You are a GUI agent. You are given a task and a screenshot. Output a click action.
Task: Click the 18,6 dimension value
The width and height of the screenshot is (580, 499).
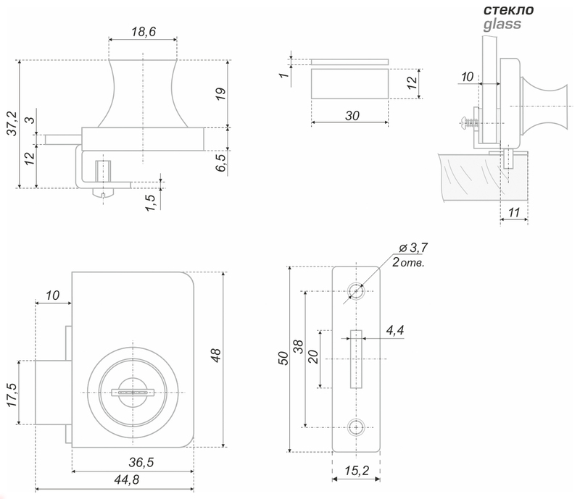144,32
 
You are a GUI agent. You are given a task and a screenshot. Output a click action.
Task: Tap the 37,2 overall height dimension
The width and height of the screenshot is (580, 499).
12,124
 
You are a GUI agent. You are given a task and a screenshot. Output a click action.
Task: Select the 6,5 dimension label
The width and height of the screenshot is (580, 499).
220,163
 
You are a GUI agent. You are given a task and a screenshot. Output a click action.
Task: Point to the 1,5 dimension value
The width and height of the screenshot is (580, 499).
151,203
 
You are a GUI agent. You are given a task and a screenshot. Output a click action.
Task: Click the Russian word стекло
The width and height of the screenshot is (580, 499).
509,10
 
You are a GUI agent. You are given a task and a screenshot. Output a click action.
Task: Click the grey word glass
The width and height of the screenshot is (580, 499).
502,25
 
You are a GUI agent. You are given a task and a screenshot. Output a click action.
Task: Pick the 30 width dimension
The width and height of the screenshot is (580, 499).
352,116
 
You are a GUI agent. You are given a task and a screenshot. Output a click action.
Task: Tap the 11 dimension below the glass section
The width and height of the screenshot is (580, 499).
514,212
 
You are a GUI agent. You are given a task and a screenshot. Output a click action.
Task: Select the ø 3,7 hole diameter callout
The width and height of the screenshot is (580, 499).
413,248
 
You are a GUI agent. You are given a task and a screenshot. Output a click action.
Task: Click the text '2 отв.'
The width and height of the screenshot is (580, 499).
408,263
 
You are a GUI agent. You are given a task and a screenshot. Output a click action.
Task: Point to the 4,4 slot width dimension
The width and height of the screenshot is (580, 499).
395,330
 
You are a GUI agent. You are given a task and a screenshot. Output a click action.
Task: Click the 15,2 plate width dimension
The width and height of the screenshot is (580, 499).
357,471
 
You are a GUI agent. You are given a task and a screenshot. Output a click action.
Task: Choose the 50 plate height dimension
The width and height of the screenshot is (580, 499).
283,358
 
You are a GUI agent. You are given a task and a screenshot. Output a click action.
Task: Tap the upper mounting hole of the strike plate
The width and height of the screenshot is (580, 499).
356,291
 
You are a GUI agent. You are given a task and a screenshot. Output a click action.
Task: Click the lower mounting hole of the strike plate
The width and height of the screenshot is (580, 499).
356,427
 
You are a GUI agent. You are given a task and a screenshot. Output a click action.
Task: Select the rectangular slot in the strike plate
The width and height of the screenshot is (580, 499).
356,359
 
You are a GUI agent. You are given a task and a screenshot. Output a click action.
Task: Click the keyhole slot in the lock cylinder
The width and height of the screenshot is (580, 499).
133,393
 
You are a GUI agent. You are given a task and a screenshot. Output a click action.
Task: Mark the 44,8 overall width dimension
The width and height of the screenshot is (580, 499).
127,479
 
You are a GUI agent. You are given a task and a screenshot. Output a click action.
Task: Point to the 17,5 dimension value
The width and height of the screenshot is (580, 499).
12,395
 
